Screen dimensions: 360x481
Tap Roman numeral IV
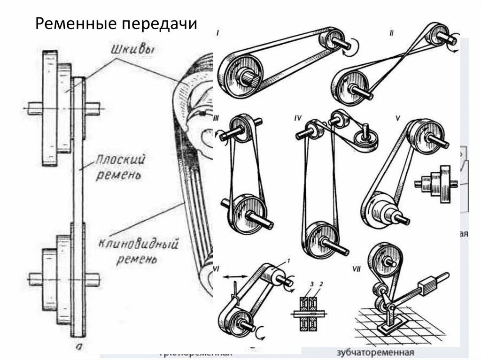point(297,118)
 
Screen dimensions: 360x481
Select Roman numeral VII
point(357,269)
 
